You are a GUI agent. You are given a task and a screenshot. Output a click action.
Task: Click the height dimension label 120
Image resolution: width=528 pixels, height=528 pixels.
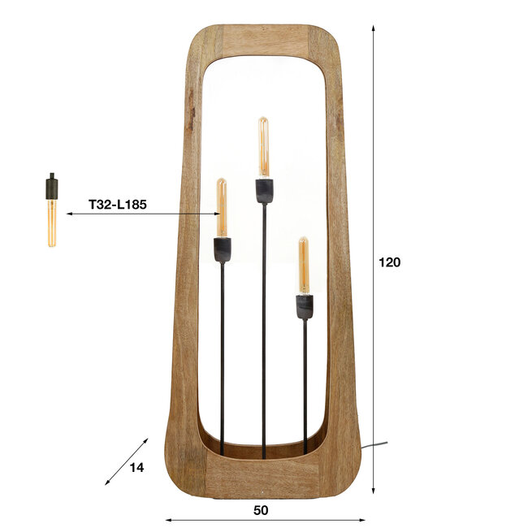389,262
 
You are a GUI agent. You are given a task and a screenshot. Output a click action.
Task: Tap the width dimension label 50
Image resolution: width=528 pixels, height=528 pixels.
261,510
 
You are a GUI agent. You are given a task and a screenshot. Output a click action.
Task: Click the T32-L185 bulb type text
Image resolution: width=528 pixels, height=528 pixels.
117,206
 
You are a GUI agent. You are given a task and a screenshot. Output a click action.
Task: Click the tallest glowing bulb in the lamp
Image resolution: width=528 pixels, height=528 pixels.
263,148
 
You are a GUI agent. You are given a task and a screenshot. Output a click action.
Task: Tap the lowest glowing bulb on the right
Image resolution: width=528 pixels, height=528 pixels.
304,266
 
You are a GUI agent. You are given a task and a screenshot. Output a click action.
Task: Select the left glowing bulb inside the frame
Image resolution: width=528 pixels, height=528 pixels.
222,208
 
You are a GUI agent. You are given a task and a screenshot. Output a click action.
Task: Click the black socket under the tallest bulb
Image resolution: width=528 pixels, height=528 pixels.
263,191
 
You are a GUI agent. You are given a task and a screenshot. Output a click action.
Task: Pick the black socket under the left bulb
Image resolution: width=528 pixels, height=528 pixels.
222,249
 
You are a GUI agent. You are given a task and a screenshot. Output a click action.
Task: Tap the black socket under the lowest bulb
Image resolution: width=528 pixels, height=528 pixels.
304,306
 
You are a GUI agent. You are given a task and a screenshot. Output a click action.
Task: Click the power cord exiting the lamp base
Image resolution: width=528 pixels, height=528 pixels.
375,444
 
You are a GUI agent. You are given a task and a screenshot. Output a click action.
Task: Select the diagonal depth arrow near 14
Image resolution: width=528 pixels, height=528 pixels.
127,461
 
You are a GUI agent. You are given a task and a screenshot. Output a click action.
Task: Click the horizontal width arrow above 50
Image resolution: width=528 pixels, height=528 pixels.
265,520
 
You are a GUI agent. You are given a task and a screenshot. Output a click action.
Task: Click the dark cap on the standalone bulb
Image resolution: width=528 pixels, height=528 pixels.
51,188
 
